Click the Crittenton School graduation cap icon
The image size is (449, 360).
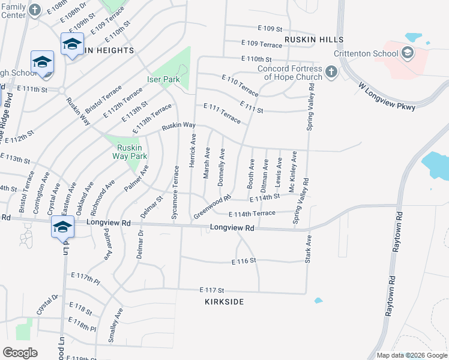[408, 53]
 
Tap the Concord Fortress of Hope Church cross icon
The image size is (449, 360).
[330, 73]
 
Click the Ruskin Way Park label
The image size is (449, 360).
[130, 152]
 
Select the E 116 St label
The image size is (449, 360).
[244, 261]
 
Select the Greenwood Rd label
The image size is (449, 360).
[212, 207]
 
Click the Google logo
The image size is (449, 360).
[20, 352]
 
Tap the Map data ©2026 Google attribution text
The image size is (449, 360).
[411, 355]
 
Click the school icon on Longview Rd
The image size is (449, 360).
[62, 227]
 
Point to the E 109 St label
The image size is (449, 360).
[270, 28]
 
